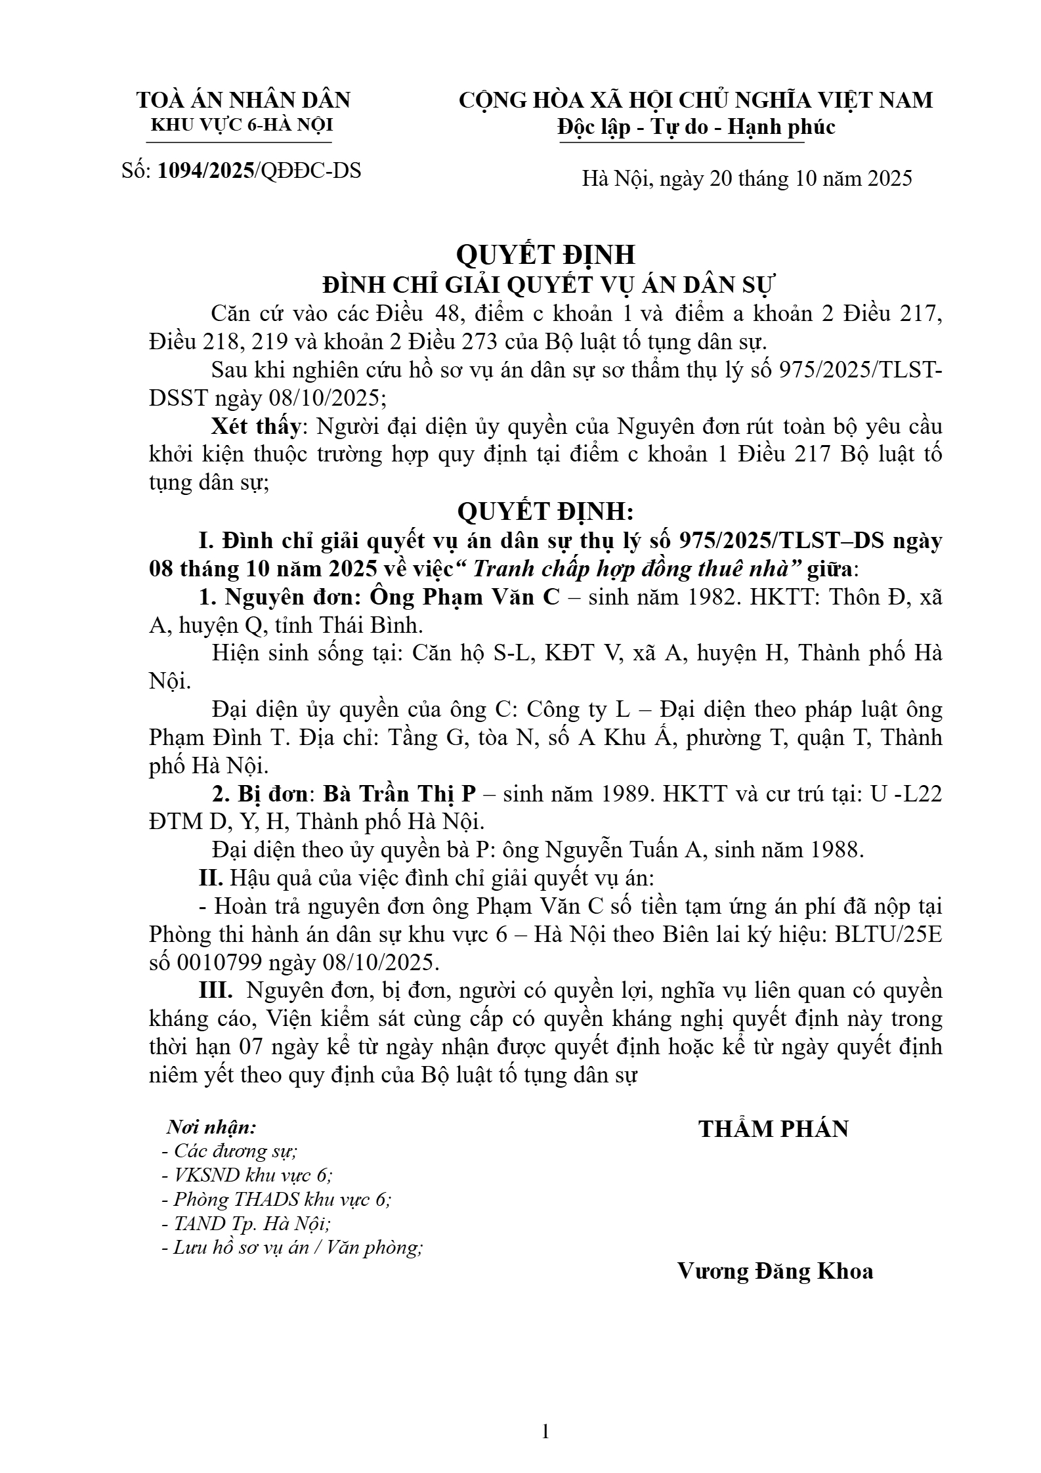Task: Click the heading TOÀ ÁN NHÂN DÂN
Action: click(243, 100)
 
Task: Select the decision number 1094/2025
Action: click(206, 171)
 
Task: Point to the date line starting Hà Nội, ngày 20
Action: click(746, 178)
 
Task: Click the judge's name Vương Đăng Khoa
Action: click(775, 1271)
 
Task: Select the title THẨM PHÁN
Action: click(773, 1128)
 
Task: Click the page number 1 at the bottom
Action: click(545, 1432)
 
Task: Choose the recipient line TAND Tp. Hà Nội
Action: click(245, 1224)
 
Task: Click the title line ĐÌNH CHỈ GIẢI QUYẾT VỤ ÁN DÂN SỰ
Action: click(549, 286)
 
